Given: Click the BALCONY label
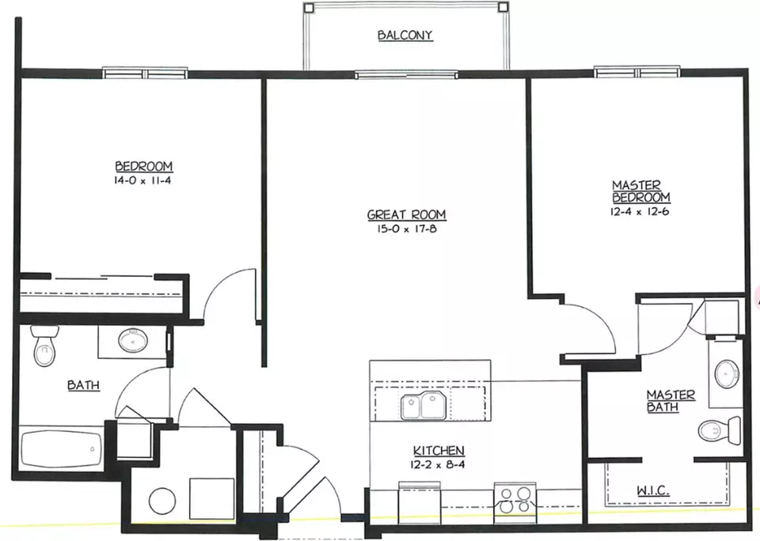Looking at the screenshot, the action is coord(405,36).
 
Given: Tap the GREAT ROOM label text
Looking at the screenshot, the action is coord(406,214).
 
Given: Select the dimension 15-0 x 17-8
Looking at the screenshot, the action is coord(406,229).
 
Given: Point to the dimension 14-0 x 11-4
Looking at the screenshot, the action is coord(143,180).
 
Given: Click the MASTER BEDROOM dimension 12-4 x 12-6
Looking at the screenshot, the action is coord(640,211).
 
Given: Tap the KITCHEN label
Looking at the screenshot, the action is coord(439,450).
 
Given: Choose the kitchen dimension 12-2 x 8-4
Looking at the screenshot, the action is coord(439,464).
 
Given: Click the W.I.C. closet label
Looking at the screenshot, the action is coord(653,490).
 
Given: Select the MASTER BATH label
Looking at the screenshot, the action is coord(670,400).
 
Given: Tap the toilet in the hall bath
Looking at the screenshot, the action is coord(44,345).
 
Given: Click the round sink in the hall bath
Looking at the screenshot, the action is coord(133,340).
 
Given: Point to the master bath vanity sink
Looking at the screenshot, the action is coord(727,373).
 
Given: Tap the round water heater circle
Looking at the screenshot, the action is coord(162,501).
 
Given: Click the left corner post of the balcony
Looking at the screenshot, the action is coord(309,7).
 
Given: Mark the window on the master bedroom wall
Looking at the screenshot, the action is coord(636,73).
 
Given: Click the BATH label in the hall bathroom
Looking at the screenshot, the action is coord(83,385).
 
